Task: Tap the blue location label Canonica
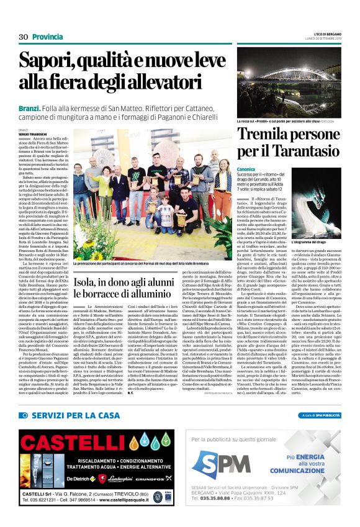(x=247, y=168)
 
